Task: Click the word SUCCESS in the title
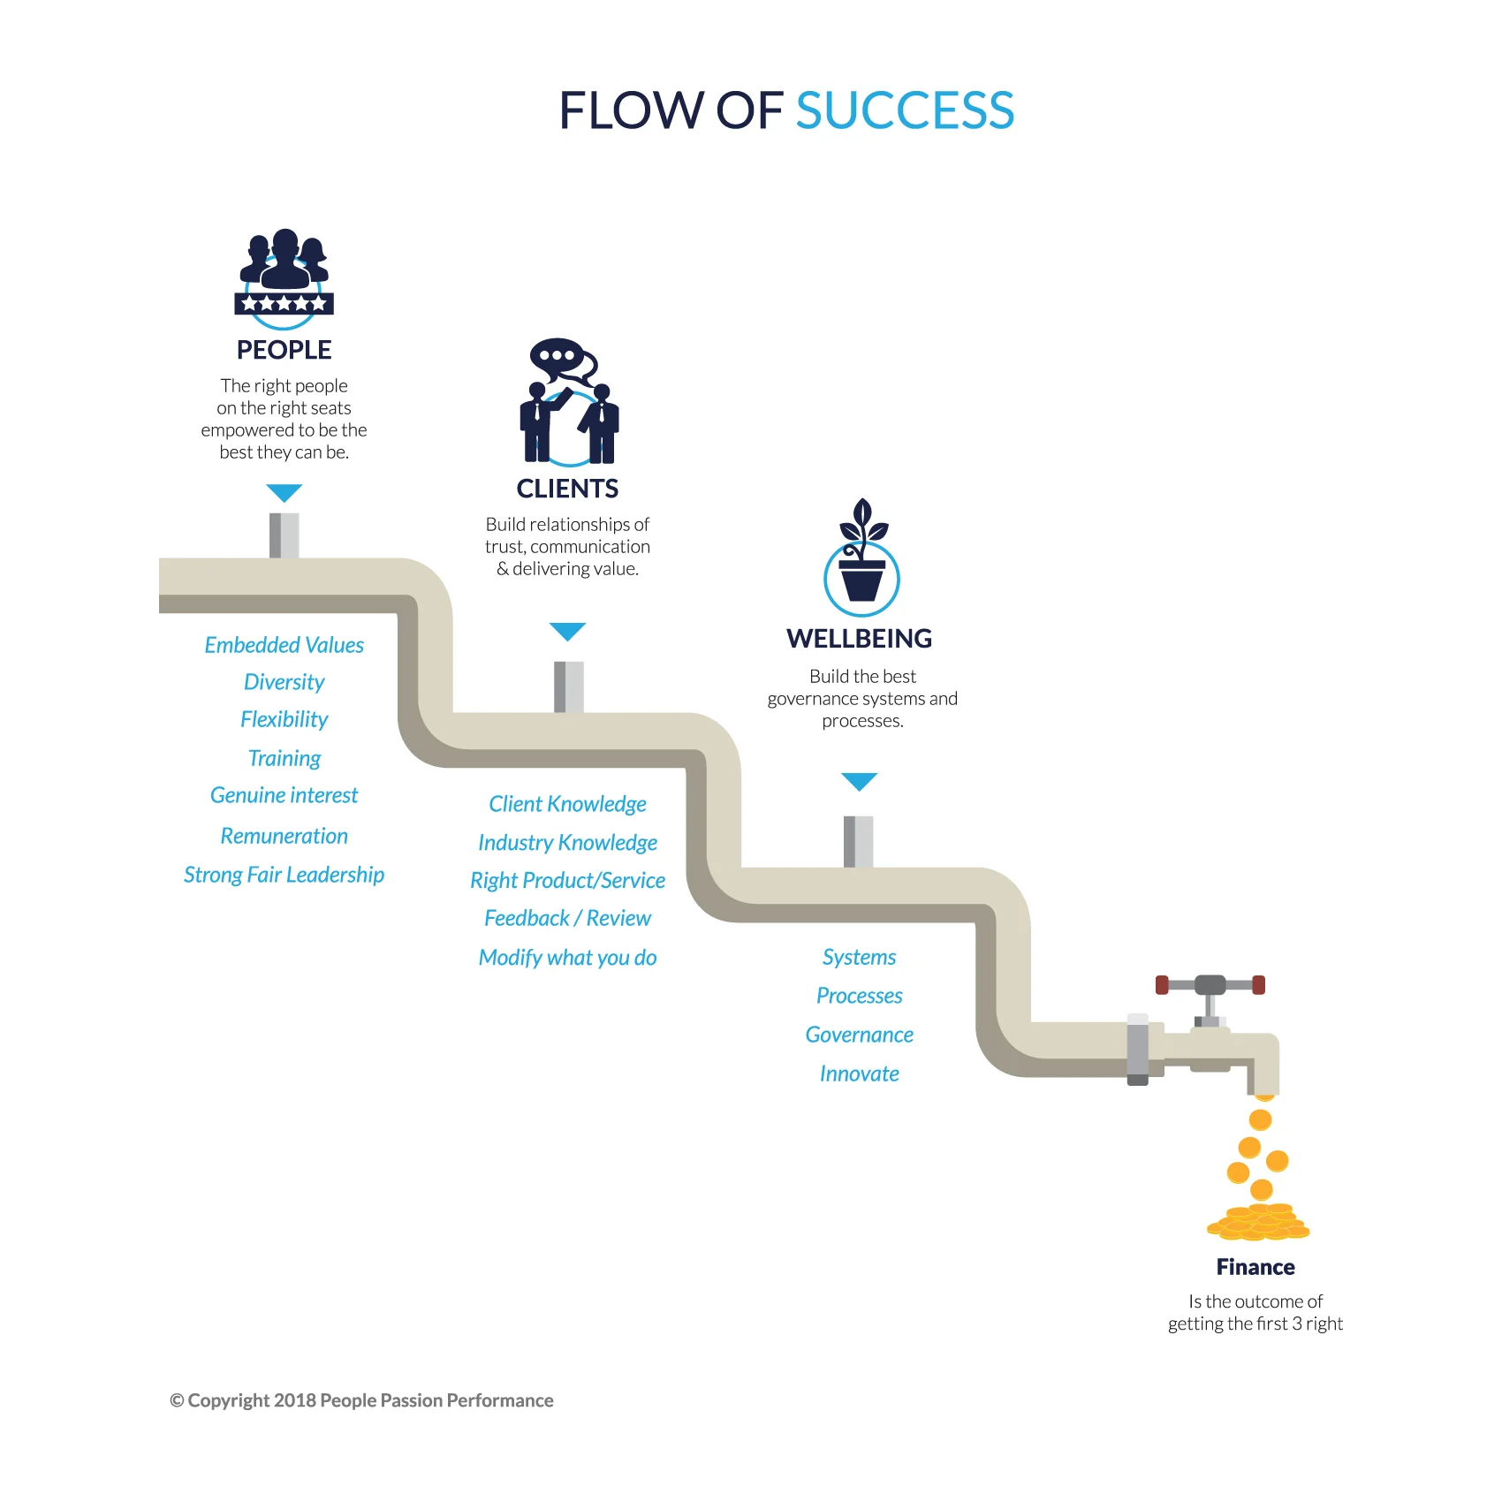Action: click(x=905, y=110)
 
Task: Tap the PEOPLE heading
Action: click(x=284, y=350)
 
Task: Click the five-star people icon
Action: click(x=284, y=276)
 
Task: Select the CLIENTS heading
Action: click(x=567, y=489)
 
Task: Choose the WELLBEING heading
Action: click(x=859, y=638)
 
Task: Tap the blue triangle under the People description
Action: click(x=284, y=492)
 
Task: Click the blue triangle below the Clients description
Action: click(x=567, y=631)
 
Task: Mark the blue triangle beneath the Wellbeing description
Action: click(x=859, y=781)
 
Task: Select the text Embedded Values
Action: click(x=284, y=645)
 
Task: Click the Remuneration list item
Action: click(x=284, y=836)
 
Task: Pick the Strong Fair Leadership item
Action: click(x=284, y=875)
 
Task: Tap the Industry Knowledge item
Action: click(x=567, y=843)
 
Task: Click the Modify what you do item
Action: click(x=567, y=958)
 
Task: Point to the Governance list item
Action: click(x=859, y=1035)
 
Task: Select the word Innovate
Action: click(x=859, y=1073)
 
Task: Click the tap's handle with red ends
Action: click(x=1210, y=985)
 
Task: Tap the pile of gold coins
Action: click(x=1258, y=1222)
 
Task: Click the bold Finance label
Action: click(x=1255, y=1267)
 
